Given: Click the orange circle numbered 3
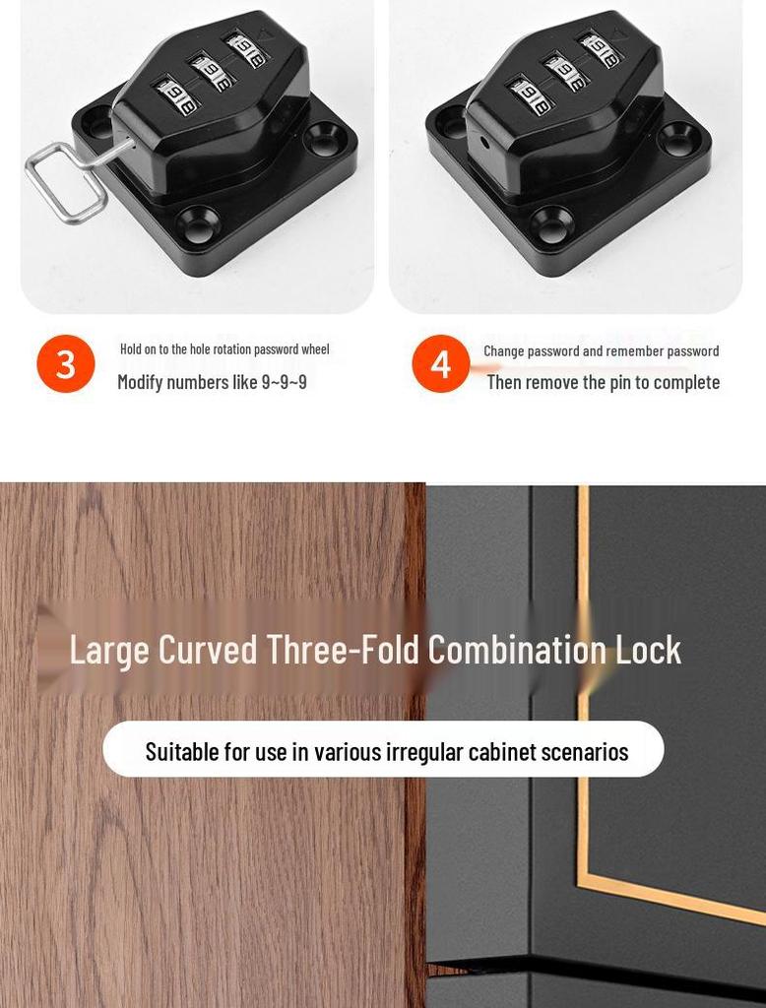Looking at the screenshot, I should [66, 363].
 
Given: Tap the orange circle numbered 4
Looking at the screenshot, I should [440, 364].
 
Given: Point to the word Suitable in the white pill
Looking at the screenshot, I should [181, 752].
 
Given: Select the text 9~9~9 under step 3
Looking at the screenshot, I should [284, 382].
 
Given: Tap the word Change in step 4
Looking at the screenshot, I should [503, 351].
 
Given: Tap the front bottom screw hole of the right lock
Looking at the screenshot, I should [551, 225].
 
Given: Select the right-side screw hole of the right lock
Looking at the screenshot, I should [677, 138].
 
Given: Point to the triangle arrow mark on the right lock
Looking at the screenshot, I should [617, 34].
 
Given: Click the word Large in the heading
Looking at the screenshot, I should [110, 650].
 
